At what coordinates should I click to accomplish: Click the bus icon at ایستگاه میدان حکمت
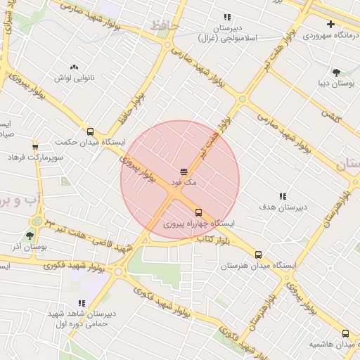click(89, 131)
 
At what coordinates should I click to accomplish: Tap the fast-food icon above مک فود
click(184, 172)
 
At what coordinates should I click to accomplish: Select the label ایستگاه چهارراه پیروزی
click(199, 224)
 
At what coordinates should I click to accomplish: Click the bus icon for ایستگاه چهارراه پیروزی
click(198, 212)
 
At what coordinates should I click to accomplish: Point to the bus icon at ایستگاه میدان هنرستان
click(258, 255)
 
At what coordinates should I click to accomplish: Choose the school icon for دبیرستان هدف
click(283, 196)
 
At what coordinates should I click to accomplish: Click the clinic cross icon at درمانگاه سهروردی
click(330, 24)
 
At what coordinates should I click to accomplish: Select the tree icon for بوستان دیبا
click(336, 72)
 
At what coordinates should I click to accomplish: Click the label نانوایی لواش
click(74, 78)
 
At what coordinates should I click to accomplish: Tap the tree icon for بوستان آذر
click(29, 236)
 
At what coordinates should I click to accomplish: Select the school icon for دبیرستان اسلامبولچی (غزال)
click(227, 17)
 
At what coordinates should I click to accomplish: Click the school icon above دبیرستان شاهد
click(82, 303)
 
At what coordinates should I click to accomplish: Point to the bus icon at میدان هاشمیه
click(345, 333)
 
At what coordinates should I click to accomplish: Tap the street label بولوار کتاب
click(212, 241)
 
